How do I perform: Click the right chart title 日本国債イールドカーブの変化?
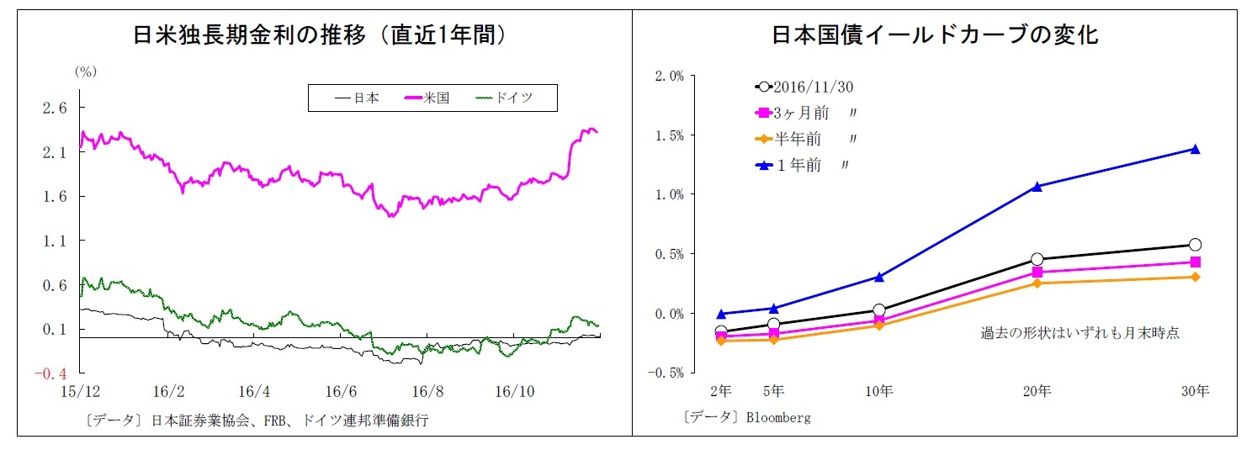click(x=934, y=34)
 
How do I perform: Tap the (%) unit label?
click(x=87, y=71)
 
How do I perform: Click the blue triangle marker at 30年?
click(x=1194, y=149)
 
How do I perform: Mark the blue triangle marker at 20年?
click(x=1037, y=186)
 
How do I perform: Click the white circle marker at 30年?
click(x=1194, y=245)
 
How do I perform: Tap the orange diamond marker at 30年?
click(x=1194, y=277)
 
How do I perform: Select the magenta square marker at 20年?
click(x=1037, y=273)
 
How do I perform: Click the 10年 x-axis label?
click(x=879, y=391)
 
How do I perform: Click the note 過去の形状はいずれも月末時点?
click(x=1079, y=333)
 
